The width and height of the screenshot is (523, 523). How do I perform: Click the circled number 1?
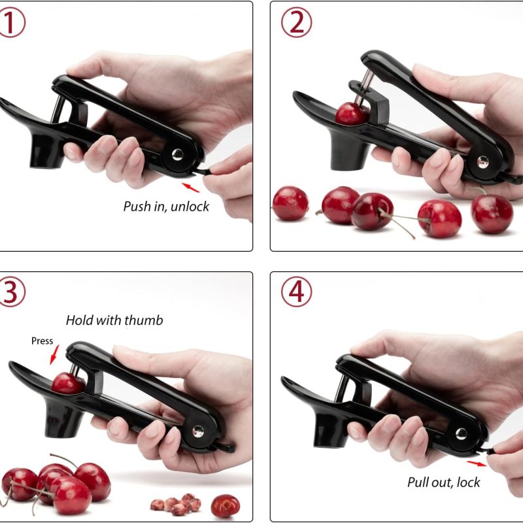(x=11, y=22)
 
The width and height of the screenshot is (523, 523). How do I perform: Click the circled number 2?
(x=297, y=22)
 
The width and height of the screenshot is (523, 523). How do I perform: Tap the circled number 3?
(x=11, y=292)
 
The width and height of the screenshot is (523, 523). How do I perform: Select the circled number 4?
(x=297, y=292)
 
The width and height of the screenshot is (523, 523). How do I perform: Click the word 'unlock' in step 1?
(x=190, y=207)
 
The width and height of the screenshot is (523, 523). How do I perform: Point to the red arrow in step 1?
(x=190, y=188)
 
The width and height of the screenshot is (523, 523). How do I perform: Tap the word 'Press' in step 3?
(x=42, y=341)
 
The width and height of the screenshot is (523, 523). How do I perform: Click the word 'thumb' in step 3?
(x=144, y=320)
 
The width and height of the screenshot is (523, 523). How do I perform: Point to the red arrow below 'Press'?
(x=54, y=355)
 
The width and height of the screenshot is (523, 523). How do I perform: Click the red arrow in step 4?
(x=477, y=464)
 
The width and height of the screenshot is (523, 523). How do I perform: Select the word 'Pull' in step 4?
(x=418, y=482)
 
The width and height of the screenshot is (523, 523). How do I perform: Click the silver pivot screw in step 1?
(x=177, y=154)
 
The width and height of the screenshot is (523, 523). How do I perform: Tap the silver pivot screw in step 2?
(x=482, y=161)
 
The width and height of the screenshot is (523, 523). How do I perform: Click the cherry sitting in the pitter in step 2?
(x=352, y=113)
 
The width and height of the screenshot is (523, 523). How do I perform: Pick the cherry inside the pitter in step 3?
(x=68, y=384)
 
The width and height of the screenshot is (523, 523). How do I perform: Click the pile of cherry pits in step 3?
(x=176, y=503)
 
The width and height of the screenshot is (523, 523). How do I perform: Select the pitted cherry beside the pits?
(x=225, y=505)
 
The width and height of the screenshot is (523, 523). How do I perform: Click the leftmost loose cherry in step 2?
(x=290, y=203)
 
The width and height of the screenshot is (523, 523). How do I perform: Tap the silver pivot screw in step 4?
(x=462, y=433)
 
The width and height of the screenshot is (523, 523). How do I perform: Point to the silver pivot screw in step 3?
(x=198, y=431)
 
